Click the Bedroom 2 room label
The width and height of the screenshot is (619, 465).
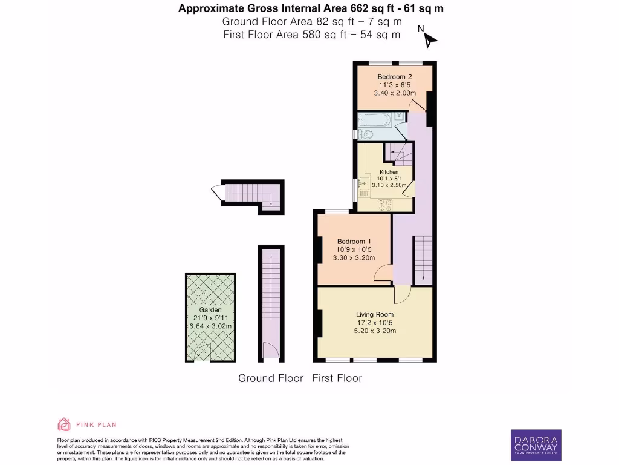(x=395, y=77)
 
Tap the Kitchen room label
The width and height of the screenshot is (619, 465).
(x=389, y=172)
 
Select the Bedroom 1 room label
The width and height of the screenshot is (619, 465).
(x=354, y=240)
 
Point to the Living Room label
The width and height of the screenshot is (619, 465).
(x=375, y=314)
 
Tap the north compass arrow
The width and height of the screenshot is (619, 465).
(x=429, y=39)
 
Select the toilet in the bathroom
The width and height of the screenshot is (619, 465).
(x=365, y=134)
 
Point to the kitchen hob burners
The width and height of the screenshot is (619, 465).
(x=384, y=206)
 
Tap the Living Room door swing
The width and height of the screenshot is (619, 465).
(x=402, y=295)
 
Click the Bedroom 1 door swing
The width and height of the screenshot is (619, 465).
(x=382, y=274)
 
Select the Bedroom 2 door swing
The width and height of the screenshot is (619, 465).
(x=416, y=105)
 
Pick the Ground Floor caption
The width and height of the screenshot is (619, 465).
(x=270, y=378)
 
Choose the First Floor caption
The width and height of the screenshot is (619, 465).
(x=337, y=378)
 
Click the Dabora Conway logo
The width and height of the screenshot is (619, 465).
(x=536, y=445)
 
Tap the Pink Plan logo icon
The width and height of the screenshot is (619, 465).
(x=63, y=424)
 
